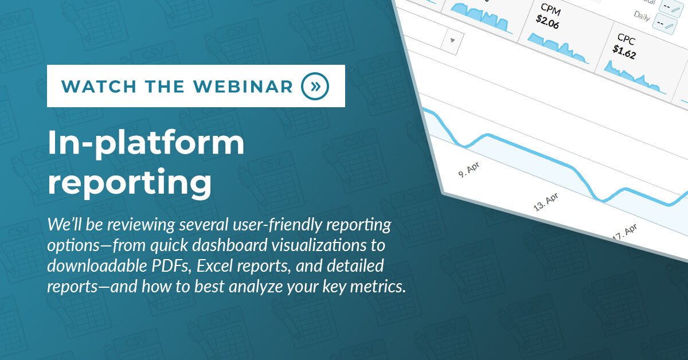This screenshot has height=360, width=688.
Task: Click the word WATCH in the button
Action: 99,87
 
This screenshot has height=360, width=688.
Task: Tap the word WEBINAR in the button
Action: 243,87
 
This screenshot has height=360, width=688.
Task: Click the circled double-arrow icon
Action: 315,87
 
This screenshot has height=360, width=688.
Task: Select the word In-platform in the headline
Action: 146,143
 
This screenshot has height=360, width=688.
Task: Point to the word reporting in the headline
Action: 130,182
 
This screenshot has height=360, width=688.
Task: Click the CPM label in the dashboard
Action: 551,10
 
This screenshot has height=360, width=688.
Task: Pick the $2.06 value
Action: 548,22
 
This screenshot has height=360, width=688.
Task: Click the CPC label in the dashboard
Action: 626,40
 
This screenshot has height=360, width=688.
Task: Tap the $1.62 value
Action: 624,52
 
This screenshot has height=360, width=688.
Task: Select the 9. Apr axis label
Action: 469,170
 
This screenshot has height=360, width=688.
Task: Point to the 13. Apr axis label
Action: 546,202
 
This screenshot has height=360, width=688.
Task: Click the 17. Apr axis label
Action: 625,232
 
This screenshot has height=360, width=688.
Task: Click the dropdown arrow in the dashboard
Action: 452,40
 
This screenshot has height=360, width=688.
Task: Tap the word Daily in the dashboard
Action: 642,15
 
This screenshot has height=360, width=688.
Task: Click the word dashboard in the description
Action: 230,245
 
